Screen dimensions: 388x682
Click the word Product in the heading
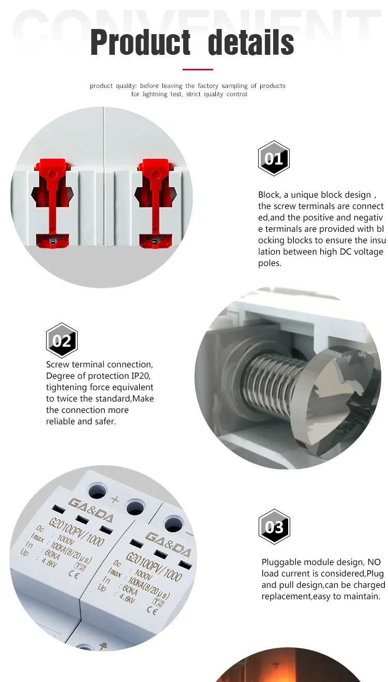pyautogui.click(x=140, y=42)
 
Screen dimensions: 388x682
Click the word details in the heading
pyautogui.click(x=251, y=42)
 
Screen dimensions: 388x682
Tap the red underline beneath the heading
pyautogui.click(x=198, y=69)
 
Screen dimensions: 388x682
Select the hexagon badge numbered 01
pyautogui.click(x=274, y=158)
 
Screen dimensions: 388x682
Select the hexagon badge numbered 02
pyautogui.click(x=62, y=340)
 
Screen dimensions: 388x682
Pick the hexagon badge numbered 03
pyautogui.click(x=274, y=526)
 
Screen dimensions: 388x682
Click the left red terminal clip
pyautogui.click(x=52, y=202)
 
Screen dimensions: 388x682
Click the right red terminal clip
pyautogui.click(x=155, y=202)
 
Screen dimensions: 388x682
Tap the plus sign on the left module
pyautogui.click(x=115, y=499)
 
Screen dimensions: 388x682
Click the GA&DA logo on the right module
pyautogui.click(x=168, y=545)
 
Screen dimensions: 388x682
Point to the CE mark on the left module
pyautogui.click(x=74, y=574)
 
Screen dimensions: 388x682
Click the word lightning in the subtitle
pyautogui.click(x=155, y=94)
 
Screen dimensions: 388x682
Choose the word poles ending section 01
pyautogui.click(x=270, y=263)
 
